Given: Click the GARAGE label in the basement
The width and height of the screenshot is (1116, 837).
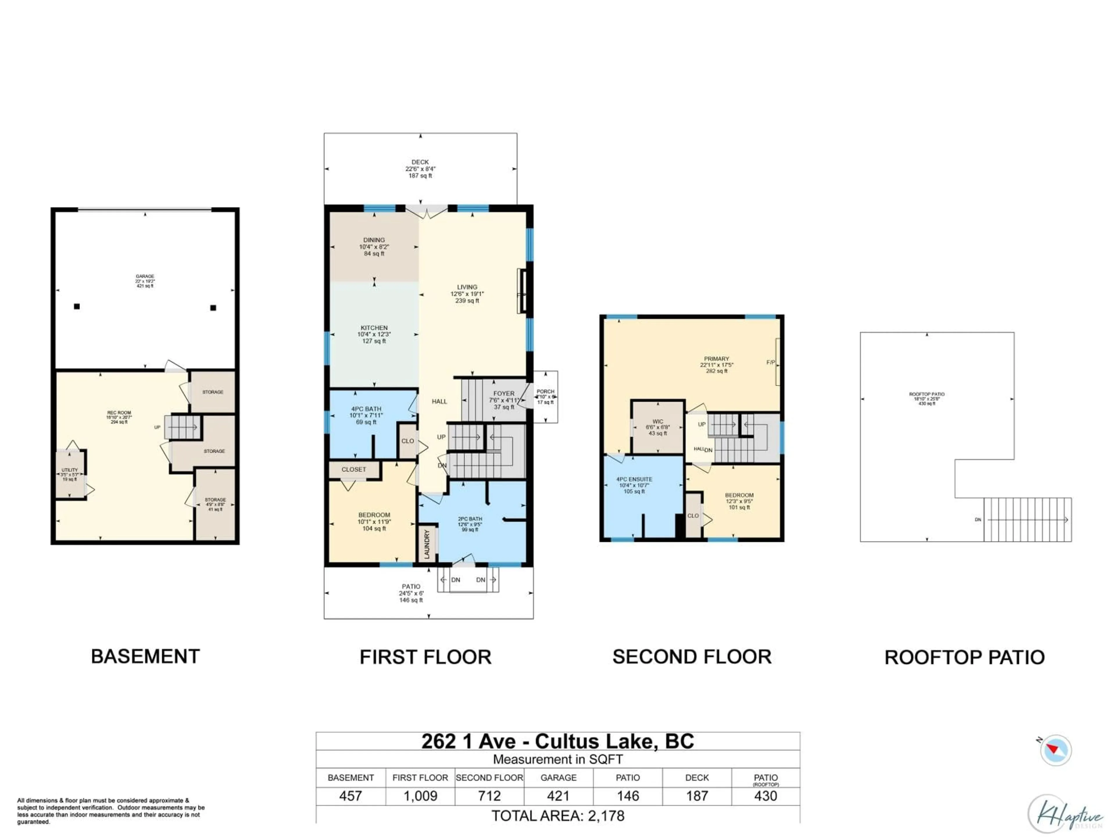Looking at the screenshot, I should (x=145, y=276).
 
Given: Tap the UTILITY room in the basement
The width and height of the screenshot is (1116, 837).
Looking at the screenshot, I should (x=70, y=474).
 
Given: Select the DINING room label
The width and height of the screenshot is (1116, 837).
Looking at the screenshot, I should (x=374, y=240).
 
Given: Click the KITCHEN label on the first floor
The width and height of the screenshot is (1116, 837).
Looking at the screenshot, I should (x=374, y=328).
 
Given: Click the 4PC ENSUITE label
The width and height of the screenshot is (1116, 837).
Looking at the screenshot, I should (x=634, y=479).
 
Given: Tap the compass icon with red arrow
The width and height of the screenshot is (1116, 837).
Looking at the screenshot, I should (x=1055, y=750).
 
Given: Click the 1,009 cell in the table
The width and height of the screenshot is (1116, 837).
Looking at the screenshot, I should (x=420, y=796).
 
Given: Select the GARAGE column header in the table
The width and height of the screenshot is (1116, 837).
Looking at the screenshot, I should (x=559, y=777).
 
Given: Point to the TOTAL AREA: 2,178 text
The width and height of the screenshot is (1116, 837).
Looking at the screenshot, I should (x=558, y=816).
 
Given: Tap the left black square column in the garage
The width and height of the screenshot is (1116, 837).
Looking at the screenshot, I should (x=77, y=306).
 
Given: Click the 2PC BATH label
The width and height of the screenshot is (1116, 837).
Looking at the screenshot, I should (x=470, y=519).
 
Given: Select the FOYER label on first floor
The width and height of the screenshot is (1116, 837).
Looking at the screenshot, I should (x=504, y=394).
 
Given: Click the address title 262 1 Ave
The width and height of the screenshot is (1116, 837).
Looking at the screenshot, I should (x=557, y=741).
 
